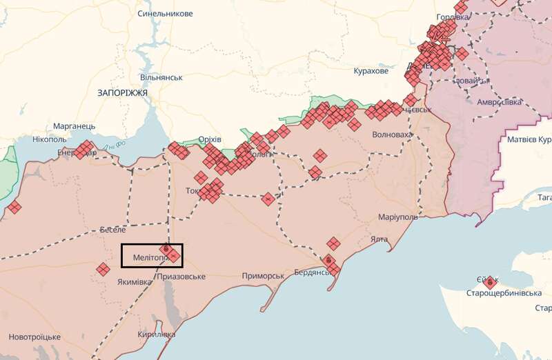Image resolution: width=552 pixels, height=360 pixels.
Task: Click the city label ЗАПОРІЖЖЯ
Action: coord(123,92)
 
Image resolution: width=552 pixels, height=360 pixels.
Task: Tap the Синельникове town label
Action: coord(166,14)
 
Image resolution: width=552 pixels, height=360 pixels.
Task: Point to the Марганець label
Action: coord(75,127)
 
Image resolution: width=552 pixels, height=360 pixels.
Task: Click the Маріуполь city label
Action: coord(398,217)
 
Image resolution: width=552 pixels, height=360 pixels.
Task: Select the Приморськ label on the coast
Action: coord(263,276)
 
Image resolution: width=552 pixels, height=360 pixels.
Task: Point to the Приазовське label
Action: coord(181,277)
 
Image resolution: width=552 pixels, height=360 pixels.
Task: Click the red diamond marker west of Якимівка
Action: coord(103,269)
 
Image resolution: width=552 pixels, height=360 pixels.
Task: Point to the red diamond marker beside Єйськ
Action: coord(491,282)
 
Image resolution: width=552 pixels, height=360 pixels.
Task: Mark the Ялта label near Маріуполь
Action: coord(379,239)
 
